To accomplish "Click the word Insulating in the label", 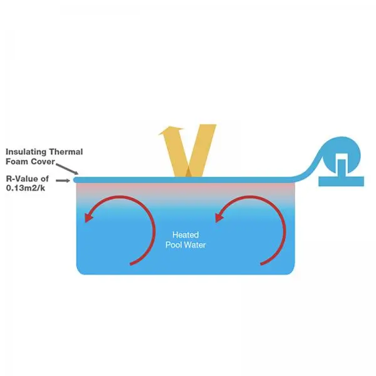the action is click(x=26, y=152).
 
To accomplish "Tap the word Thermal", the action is click(x=66, y=152).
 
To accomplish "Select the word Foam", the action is click(x=17, y=162).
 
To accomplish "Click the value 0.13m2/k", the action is click(x=26, y=188).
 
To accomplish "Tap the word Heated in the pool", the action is click(x=185, y=235).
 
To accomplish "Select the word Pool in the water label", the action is click(x=174, y=245).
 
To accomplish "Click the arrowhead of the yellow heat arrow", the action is click(x=170, y=130).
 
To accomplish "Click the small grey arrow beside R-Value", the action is click(x=63, y=180).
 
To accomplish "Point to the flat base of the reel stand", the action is click(x=342, y=181).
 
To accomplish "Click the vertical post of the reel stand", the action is click(x=342, y=168).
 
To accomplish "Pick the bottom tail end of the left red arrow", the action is click(x=131, y=264).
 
